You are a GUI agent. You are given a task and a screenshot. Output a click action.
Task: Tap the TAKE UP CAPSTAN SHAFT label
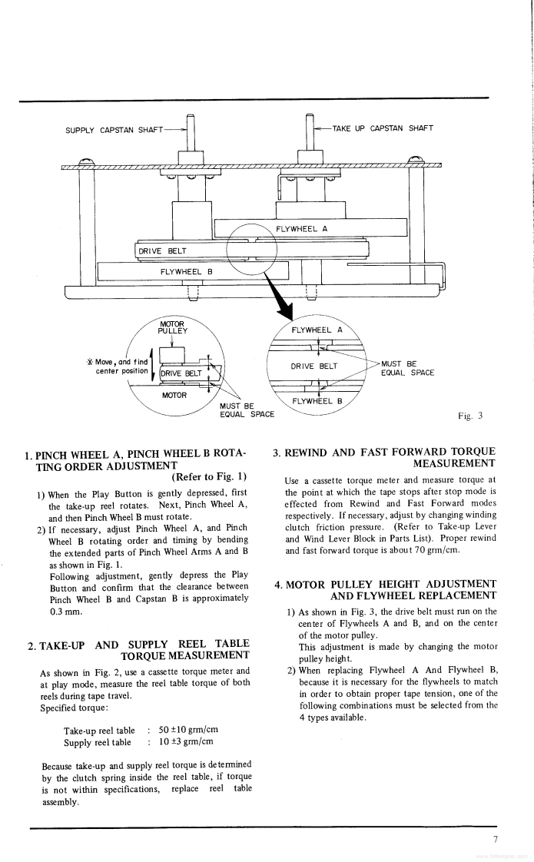pyautogui.click(x=383, y=128)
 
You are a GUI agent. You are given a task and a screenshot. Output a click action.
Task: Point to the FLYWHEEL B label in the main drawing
pyautogui.click(x=187, y=271)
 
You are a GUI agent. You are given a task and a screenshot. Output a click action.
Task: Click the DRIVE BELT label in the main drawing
pyautogui.click(x=162, y=250)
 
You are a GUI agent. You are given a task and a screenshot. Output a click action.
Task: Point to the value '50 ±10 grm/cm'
pyautogui.click(x=185, y=731)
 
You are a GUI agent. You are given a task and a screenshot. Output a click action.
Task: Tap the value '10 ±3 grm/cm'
pyautogui.click(x=185, y=742)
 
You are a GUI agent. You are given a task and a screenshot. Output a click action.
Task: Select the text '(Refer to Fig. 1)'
pyautogui.click(x=209, y=476)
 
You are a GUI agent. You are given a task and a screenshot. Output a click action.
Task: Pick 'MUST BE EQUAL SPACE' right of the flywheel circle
pyautogui.click(x=407, y=368)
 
